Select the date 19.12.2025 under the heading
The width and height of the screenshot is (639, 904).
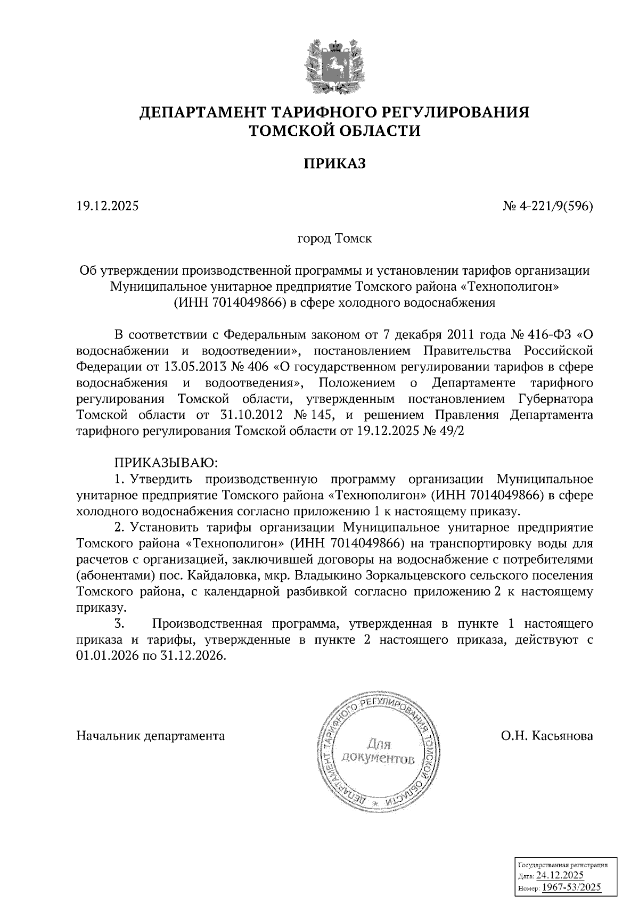pyautogui.click(x=107, y=206)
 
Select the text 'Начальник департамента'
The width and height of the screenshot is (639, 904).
pyautogui.click(x=151, y=736)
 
